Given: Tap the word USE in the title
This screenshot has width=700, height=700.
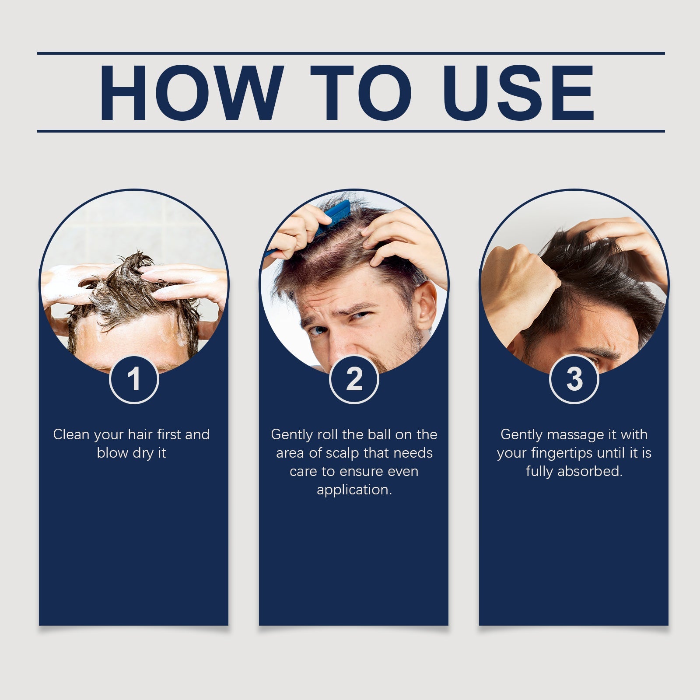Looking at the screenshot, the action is point(521,92).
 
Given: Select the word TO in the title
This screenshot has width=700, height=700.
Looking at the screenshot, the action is point(361,92).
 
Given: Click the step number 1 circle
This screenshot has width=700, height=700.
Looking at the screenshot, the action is point(134,379).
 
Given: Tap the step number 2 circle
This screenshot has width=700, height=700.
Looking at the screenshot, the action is point(354,379).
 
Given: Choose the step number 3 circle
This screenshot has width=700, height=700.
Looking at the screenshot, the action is point(574,379).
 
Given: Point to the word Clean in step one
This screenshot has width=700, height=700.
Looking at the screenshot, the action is point(71,434).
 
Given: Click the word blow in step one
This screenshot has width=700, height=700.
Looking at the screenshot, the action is point(112,453).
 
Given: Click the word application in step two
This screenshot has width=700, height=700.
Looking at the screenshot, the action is point(354,490).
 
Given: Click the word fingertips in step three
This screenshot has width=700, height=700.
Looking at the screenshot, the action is point(562,454).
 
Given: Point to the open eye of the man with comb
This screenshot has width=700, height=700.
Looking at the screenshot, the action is point(317,329).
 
